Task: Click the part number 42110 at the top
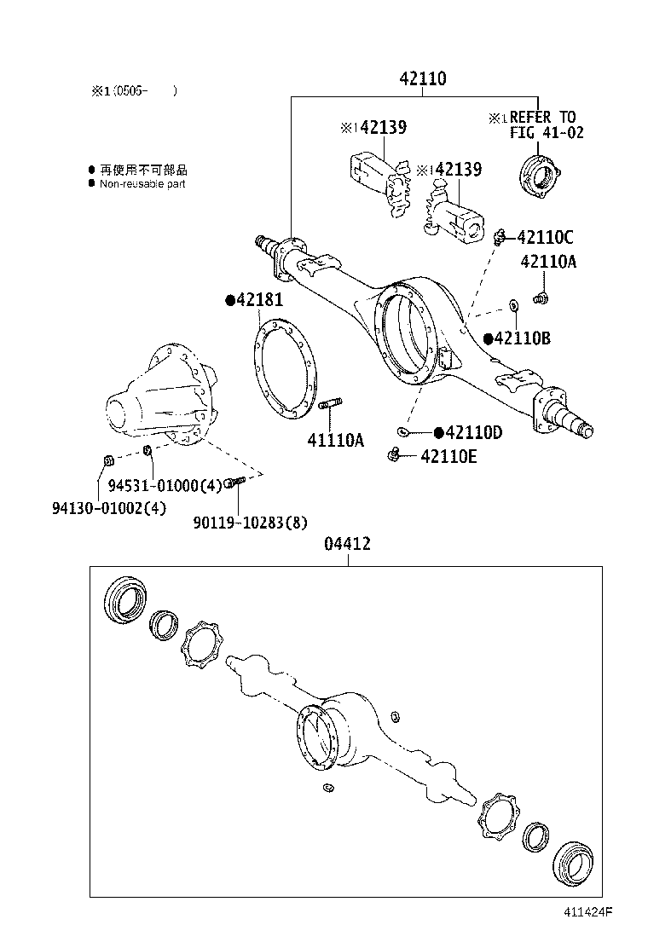[x=423, y=79]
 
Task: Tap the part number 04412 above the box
[x=347, y=544]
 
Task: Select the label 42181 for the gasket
[x=259, y=300]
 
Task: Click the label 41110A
[x=335, y=441]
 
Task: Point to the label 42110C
[x=545, y=238]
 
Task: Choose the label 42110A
[x=547, y=263]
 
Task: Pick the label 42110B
[x=522, y=338]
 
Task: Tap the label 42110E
[x=448, y=457]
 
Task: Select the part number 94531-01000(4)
[x=165, y=485]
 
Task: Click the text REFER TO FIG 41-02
[x=543, y=124]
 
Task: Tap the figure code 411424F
[x=587, y=911]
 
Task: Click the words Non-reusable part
[x=142, y=184]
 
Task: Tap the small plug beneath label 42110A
[x=540, y=298]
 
